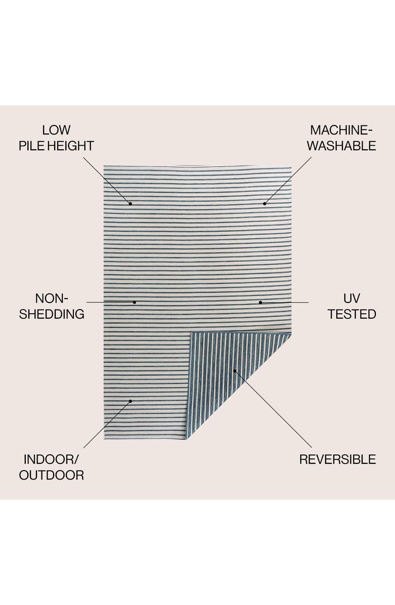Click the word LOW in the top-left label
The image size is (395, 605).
tap(56, 131)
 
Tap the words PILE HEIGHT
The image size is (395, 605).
tap(56, 146)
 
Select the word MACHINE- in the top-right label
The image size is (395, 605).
tap(343, 131)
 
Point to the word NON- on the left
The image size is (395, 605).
tap(52, 298)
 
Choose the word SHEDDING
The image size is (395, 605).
tap(52, 314)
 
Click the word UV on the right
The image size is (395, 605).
tap(351, 298)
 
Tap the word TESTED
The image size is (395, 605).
tap(351, 314)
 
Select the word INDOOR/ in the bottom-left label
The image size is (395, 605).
tap(52, 459)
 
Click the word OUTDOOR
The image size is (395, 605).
tap(52, 475)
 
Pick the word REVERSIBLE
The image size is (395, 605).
tap(337, 459)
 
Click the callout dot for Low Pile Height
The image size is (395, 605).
tap(130, 203)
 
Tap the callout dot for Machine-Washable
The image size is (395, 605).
tap(264, 203)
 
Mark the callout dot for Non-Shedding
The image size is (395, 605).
tap(135, 302)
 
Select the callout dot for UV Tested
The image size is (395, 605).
tap(260, 302)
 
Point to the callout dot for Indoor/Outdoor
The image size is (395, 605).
tap(130, 401)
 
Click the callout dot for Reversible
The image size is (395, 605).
tap(234, 371)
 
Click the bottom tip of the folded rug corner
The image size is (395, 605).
tap(187, 438)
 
